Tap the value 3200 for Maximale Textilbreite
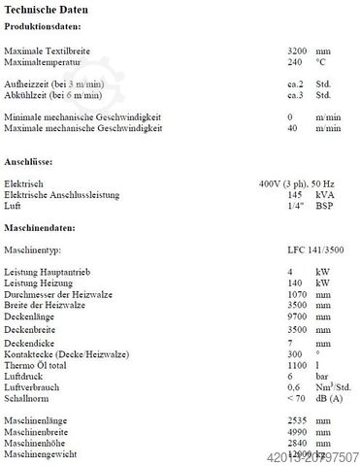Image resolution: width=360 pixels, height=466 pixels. tap(299, 49)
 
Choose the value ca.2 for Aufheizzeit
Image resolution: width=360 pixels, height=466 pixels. tap(298, 83)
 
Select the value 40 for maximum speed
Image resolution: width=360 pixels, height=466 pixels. tap(293, 128)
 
